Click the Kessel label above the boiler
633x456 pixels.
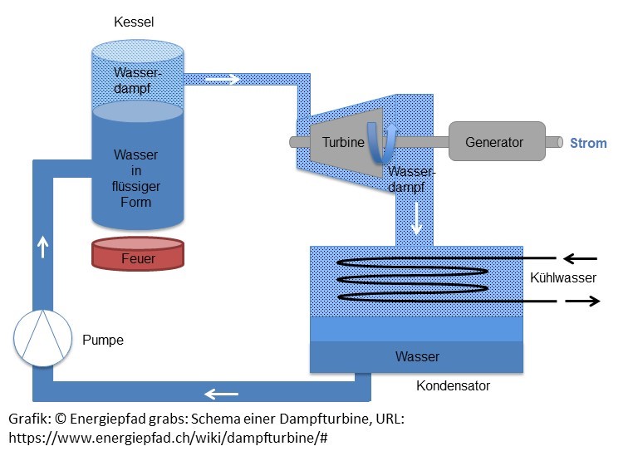134,20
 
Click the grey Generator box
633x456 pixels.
495,142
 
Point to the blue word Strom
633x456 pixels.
588,143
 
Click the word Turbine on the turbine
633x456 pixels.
343,142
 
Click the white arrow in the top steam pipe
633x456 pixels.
223,80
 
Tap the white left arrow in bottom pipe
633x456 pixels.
222,393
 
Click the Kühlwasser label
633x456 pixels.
562,278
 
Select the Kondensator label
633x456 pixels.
453,385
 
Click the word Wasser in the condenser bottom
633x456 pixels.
417,357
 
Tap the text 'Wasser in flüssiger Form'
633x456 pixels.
136,178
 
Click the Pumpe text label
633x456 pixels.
103,341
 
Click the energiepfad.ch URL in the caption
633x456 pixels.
170,437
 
